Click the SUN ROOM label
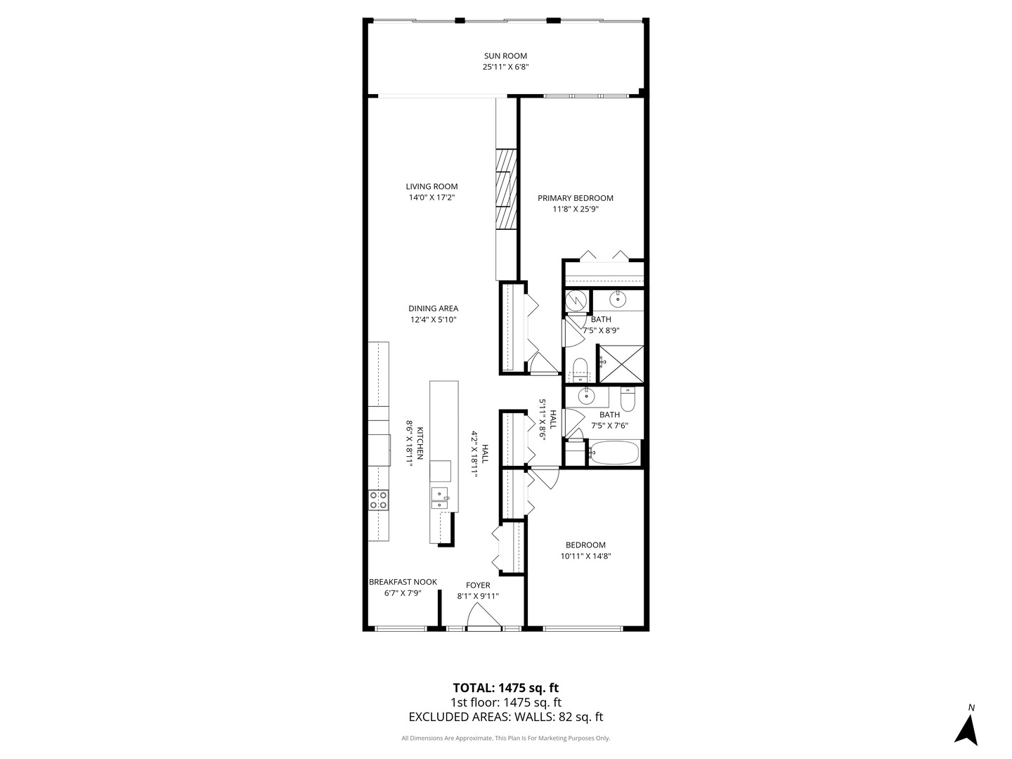pyautogui.click(x=505, y=56)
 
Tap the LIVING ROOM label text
pyautogui.click(x=432, y=187)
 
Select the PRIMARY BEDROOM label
pyautogui.click(x=576, y=198)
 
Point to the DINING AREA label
pyautogui.click(x=434, y=309)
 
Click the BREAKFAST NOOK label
pyautogui.click(x=403, y=582)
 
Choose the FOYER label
pyautogui.click(x=478, y=585)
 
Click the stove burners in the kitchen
pyautogui.click(x=378, y=500)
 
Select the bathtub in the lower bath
pyautogui.click(x=614, y=453)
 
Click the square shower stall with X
pyautogui.click(x=621, y=364)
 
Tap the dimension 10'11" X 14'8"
pyautogui.click(x=585, y=556)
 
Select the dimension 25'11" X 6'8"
pyautogui.click(x=505, y=67)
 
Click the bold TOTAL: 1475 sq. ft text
pyautogui.click(x=506, y=687)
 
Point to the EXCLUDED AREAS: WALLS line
pyautogui.click(x=506, y=717)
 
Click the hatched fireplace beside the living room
pyautogui.click(x=506, y=189)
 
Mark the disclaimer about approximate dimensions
pyautogui.click(x=506, y=738)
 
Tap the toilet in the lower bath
pyautogui.click(x=628, y=399)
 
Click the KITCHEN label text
pyautogui.click(x=420, y=443)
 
